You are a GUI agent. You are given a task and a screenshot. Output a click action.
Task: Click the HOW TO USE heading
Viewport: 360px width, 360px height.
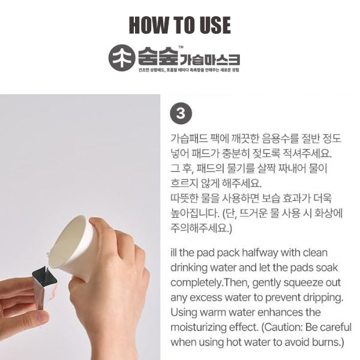(180, 25)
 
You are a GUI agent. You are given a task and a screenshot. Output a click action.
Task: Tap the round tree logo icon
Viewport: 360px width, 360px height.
(121, 59)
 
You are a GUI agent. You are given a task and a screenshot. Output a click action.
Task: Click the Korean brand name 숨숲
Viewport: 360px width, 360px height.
(155, 58)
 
